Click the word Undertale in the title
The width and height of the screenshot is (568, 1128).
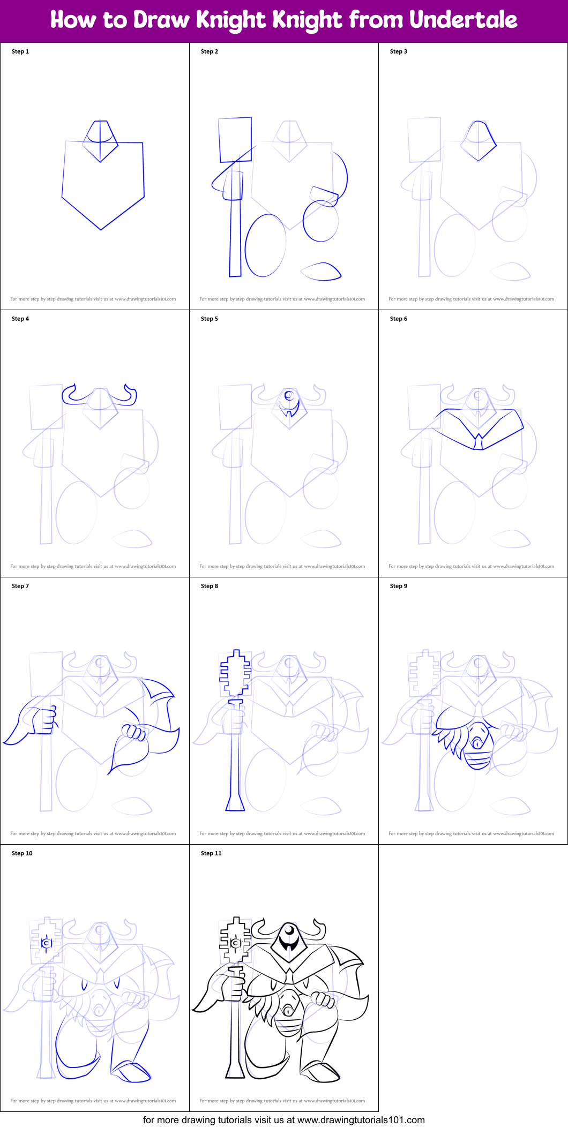tap(463, 20)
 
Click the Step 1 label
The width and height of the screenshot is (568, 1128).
tap(20, 51)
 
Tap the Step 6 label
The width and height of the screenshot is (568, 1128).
tap(398, 319)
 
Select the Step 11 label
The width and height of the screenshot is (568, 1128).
tap(211, 853)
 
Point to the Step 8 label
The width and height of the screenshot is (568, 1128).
tap(209, 586)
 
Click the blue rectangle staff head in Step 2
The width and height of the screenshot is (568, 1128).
tap(235, 139)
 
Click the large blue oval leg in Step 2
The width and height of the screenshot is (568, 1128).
tap(265, 245)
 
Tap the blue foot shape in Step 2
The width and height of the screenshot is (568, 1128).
tap(322, 272)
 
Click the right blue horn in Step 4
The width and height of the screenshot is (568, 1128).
tap(130, 395)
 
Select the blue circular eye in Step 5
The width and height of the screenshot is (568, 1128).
tap(289, 396)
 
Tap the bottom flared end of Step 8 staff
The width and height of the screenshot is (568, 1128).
tap(235, 804)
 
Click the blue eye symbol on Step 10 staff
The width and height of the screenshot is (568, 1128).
tap(47, 943)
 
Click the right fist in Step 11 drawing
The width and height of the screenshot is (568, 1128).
tap(323, 999)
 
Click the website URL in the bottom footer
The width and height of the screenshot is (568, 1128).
tap(361, 1120)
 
